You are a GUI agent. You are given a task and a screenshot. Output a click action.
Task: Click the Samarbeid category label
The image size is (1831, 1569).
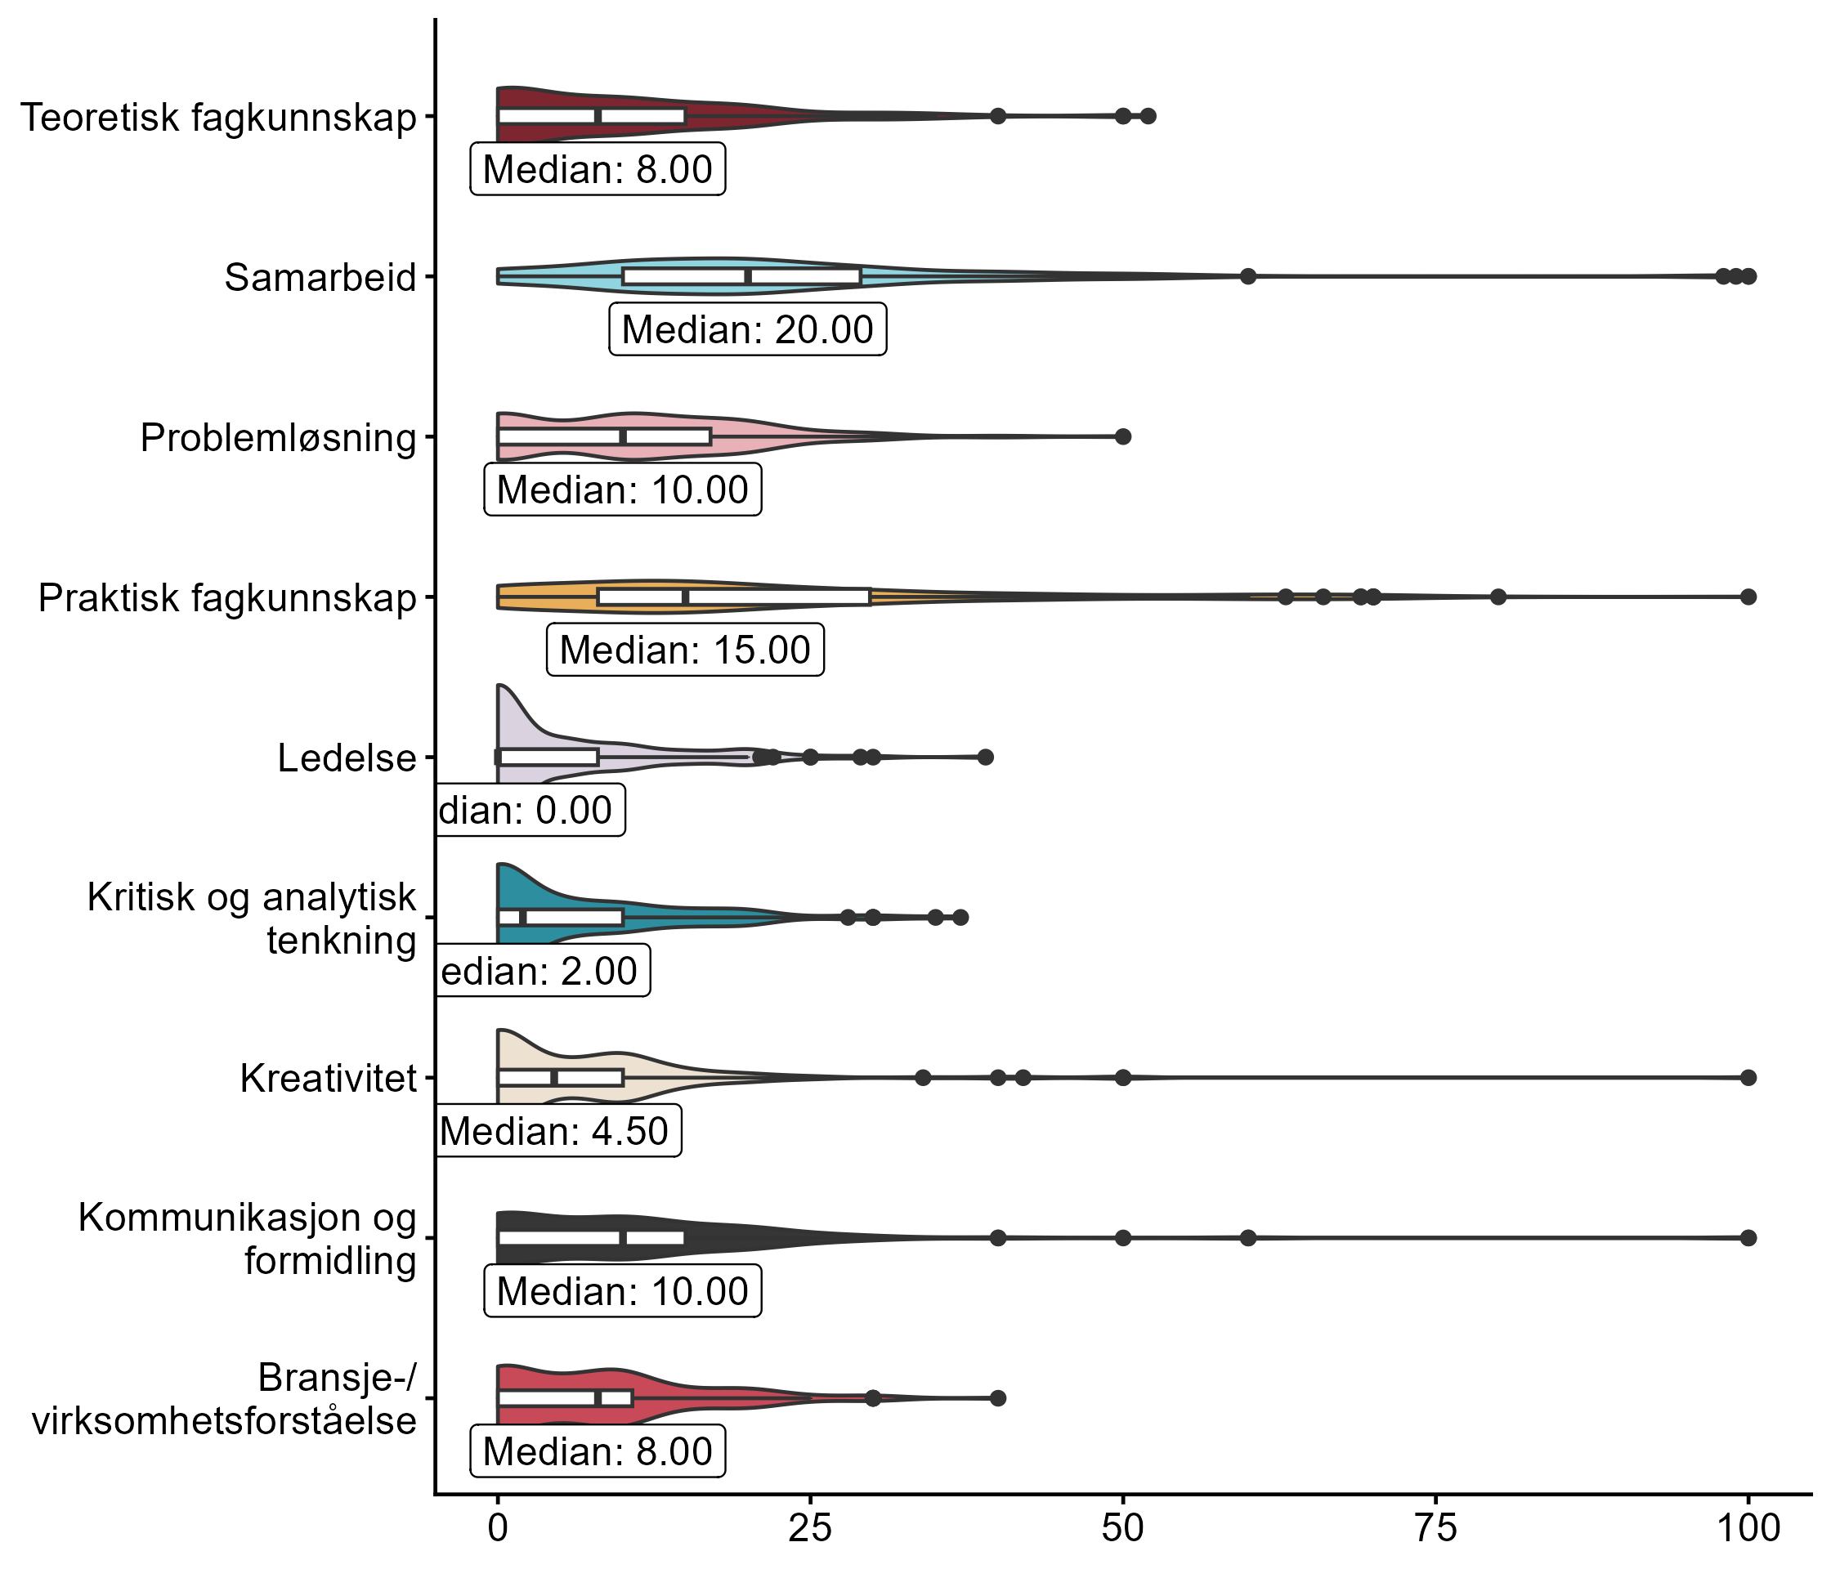click(x=320, y=277)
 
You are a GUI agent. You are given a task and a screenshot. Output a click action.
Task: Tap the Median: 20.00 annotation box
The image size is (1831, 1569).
click(x=748, y=329)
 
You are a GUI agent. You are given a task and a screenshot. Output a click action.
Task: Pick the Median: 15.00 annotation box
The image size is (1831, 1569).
click(x=685, y=650)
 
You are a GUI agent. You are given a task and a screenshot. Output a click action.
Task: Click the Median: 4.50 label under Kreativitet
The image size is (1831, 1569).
click(x=557, y=1131)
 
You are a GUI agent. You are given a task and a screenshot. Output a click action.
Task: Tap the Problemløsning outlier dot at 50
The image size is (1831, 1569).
click(x=1123, y=436)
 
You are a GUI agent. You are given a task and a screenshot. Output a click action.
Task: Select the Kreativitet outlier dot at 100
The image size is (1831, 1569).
click(x=1748, y=1078)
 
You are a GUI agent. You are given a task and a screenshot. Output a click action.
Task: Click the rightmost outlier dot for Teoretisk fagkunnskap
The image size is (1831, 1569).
click(x=1148, y=116)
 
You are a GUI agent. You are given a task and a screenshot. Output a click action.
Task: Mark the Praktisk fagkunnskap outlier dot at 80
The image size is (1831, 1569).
click(x=1497, y=597)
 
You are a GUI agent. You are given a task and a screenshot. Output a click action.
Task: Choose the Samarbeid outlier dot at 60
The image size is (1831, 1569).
click(x=1247, y=276)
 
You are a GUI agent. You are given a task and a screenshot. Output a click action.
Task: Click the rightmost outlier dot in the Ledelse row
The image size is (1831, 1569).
click(x=985, y=757)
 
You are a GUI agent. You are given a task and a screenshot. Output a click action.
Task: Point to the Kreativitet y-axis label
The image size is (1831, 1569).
click(x=328, y=1079)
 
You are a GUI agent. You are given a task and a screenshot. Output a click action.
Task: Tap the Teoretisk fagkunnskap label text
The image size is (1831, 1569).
click(x=218, y=118)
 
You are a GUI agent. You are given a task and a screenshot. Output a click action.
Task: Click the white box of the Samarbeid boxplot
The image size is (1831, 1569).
click(x=741, y=276)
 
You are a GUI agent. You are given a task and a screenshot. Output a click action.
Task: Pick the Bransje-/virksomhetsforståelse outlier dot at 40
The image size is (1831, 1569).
click(x=998, y=1397)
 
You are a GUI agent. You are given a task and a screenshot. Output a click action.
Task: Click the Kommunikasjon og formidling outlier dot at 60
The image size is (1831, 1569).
click(x=1247, y=1238)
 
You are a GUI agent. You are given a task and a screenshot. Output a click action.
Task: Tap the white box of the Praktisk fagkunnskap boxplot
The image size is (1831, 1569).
click(x=733, y=597)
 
